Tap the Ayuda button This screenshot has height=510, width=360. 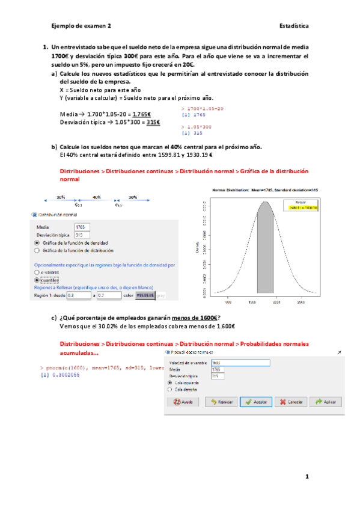coord(184,402)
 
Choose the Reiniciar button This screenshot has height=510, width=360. coord(220,402)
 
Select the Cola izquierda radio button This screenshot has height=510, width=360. coord(170,382)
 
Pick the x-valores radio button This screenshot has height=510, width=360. coord(37,272)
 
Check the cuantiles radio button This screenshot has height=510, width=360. coord(37,280)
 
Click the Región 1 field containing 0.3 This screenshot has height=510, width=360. coord(78,296)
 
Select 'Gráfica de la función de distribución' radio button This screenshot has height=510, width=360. coord(37,250)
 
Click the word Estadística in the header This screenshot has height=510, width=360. coord(294,26)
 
